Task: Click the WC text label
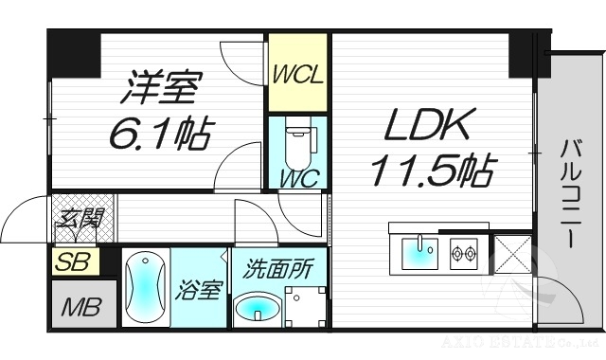[297, 177]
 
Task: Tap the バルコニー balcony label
[570, 193]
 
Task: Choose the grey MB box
[83, 306]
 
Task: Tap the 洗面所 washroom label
[278, 267]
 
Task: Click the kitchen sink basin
[419, 254]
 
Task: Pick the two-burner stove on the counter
[465, 254]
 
